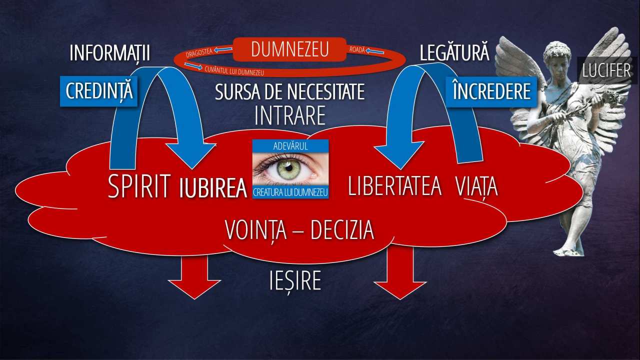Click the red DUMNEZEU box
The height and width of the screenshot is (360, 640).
point(289,49)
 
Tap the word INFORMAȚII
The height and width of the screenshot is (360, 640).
point(110,53)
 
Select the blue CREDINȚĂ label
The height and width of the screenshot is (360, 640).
point(99,91)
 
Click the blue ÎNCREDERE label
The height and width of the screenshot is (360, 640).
point(491,91)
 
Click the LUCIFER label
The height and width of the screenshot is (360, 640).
point(606,70)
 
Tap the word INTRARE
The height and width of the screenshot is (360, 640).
point(290,115)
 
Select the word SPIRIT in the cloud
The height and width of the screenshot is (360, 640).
point(139,186)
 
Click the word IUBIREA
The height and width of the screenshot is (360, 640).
point(213,188)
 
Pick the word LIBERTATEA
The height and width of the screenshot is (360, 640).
point(395,186)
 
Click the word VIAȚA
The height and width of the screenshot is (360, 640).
point(476,187)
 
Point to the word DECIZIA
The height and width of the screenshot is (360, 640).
point(342,230)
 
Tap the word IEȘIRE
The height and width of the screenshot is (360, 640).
point(295,281)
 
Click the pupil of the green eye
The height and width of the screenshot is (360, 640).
point(289,168)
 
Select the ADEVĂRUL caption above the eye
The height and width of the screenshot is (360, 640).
point(290,146)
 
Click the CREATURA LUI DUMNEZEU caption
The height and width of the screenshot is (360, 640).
point(290,192)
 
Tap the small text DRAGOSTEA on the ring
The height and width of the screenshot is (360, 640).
point(199,52)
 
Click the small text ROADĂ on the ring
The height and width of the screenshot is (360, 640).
point(357,49)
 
